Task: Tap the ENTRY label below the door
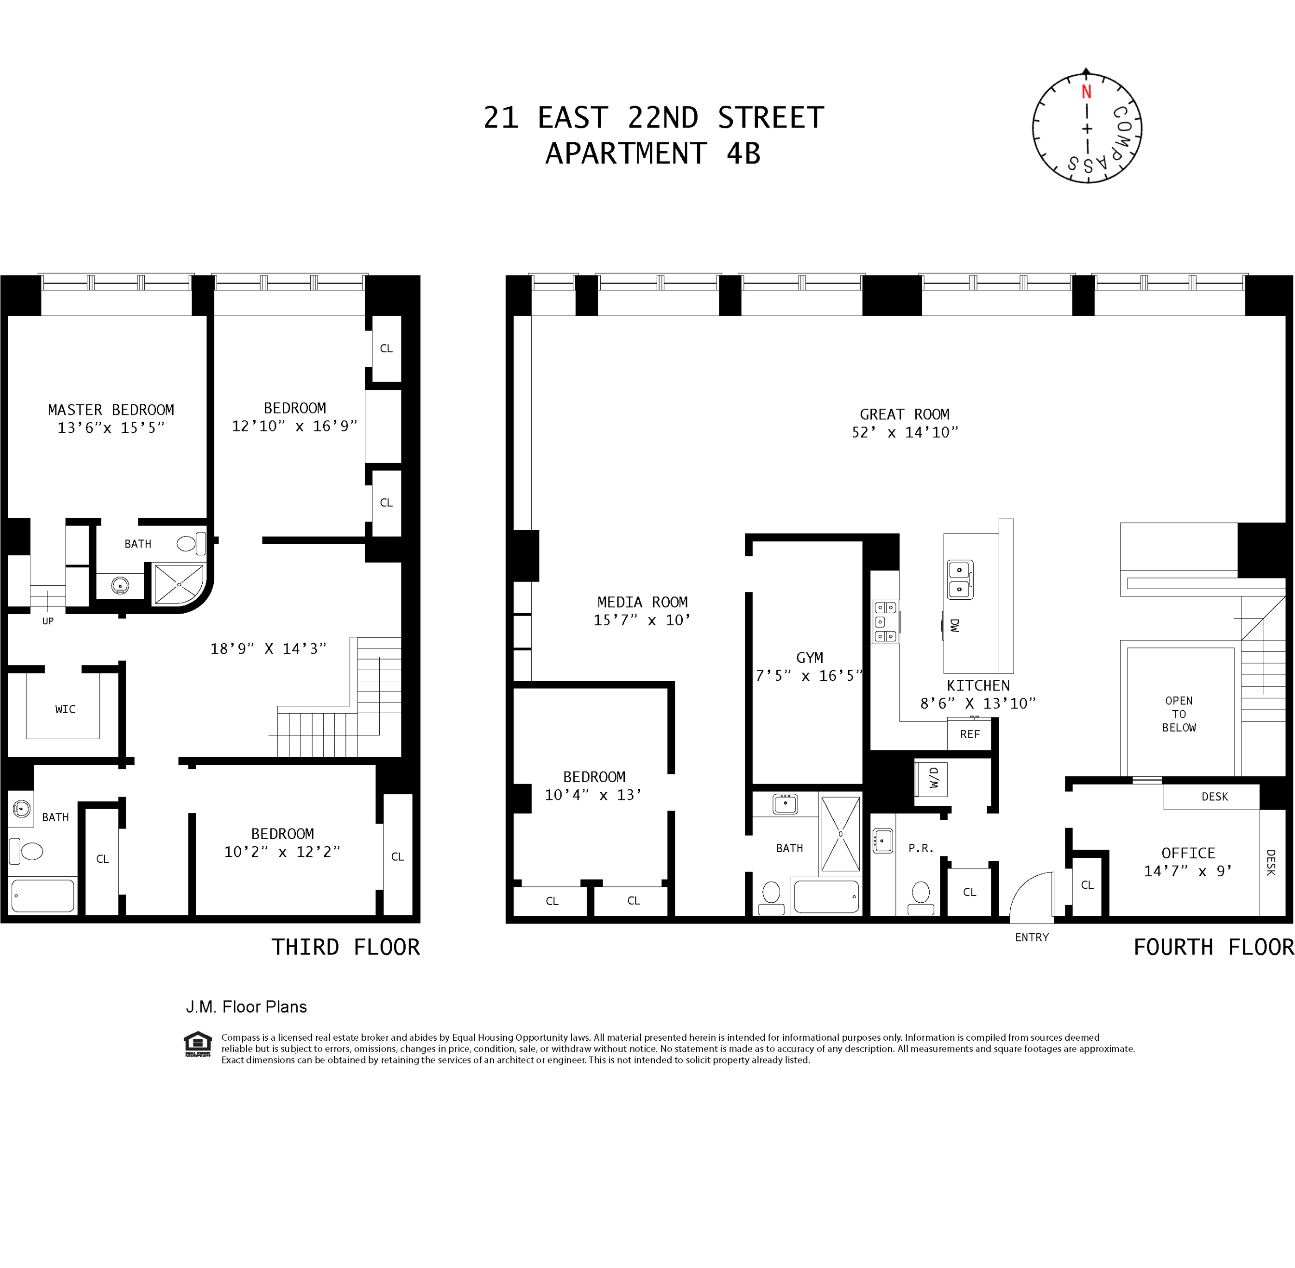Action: [1032, 937]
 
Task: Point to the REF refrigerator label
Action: [969, 734]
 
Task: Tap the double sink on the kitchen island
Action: [960, 579]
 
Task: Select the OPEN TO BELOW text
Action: [1179, 714]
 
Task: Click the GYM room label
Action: [810, 657]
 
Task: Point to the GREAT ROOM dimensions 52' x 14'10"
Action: [905, 432]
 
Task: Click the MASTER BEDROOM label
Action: [110, 410]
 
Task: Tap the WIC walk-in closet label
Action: [65, 709]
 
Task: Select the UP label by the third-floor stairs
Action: [48, 620]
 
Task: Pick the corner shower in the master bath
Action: [179, 584]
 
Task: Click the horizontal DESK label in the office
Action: [1214, 797]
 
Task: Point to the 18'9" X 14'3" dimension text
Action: [268, 648]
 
